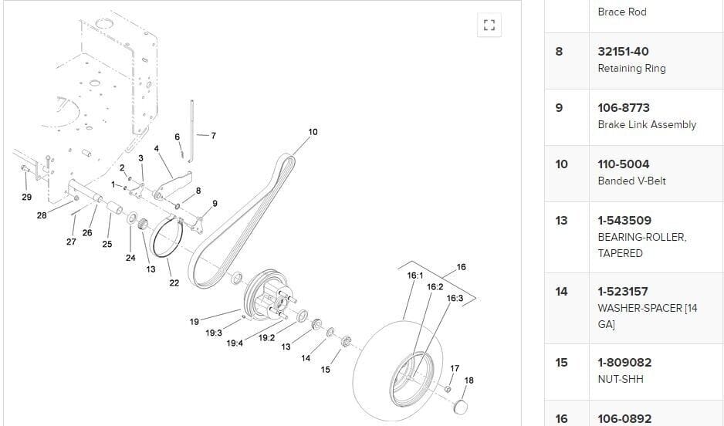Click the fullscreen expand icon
pos(488,25)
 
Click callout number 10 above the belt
pos(313,132)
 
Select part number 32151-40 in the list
pos(623,52)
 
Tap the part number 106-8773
pos(624,108)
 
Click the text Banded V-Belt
pos(631,181)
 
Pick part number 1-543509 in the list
pos(624,221)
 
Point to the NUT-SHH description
pos(620,379)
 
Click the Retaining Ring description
pos(631,69)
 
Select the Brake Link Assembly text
pos(647,125)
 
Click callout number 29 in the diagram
pos(26,197)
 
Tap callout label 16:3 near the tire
pos(455,298)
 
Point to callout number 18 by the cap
pos(469,380)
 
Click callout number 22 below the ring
pos(174,282)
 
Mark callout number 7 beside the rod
pos(213,136)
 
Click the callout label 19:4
pos(235,343)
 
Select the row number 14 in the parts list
pos(561,292)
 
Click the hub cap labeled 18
pos(461,406)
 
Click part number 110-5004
pos(624,164)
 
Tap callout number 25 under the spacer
pos(107,244)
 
